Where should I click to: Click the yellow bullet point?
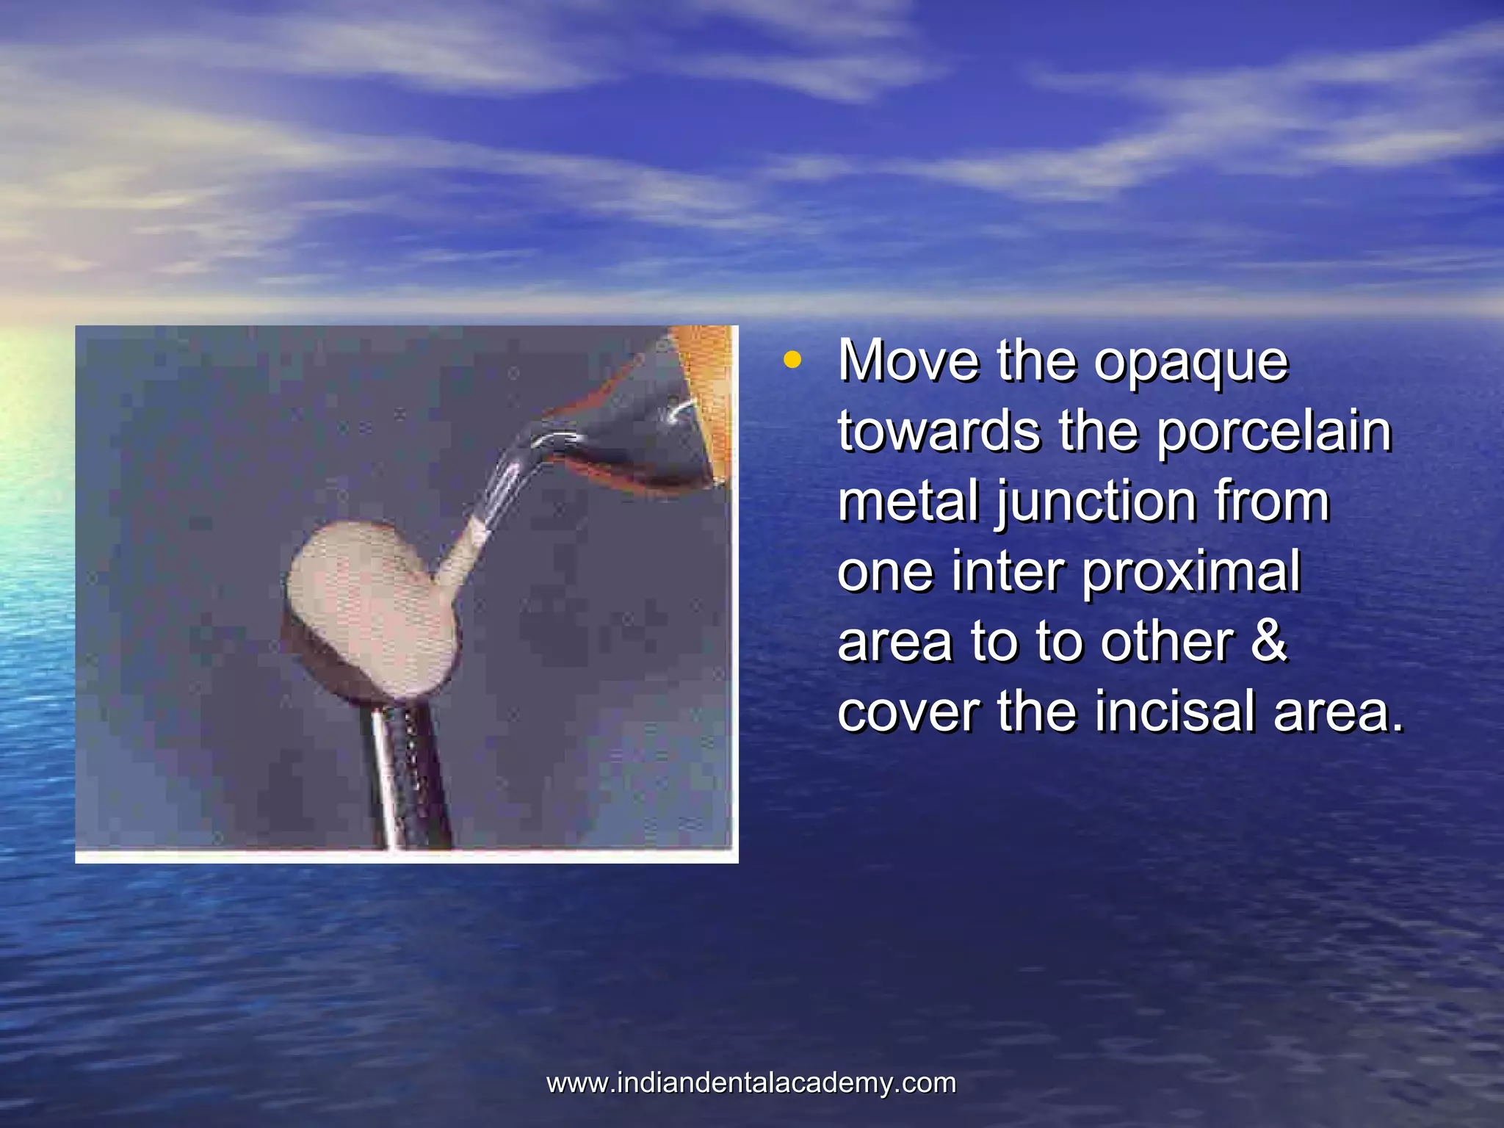click(x=792, y=360)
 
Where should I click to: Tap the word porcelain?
click(x=1274, y=432)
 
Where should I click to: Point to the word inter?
click(x=1007, y=571)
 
